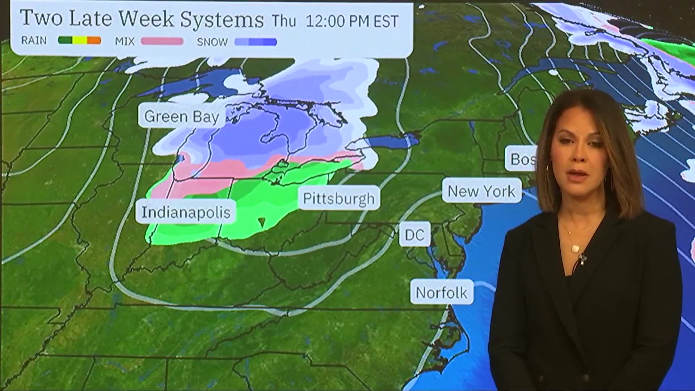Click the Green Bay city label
coord(181,117)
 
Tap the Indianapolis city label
coord(186,212)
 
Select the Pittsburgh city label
coord(339,198)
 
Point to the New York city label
coord(481,191)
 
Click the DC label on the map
coord(414,235)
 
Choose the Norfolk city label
coord(441,293)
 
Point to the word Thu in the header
coord(284,21)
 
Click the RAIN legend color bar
coord(79,41)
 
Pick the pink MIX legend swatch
coord(162,41)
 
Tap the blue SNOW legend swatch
coord(256,42)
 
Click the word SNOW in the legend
coord(212,42)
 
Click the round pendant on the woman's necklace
coord(575,248)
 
